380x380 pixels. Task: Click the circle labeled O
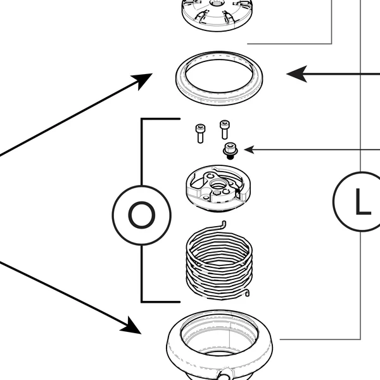pos(141,215)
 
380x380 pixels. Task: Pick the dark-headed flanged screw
pos(229,150)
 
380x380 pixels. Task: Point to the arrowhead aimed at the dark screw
pos(249,149)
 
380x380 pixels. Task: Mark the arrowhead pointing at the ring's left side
pos(144,79)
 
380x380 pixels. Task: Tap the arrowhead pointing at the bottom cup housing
pos(132,327)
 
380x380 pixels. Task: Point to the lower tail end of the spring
pos(248,292)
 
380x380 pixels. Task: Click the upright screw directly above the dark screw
pos(224,129)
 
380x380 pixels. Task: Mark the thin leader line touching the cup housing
pos(320,339)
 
